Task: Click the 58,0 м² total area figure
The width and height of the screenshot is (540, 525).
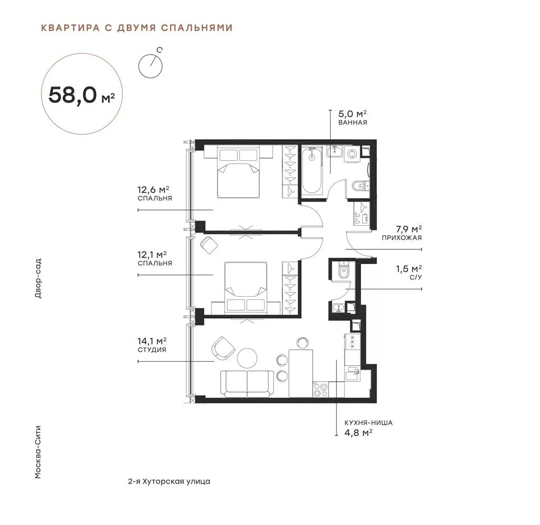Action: pyautogui.click(x=82, y=94)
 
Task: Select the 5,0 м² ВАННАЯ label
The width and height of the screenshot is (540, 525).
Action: pyautogui.click(x=352, y=118)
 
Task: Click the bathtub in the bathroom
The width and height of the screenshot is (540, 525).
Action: pyautogui.click(x=312, y=170)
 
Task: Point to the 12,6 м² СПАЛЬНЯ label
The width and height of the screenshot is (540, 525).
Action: pyautogui.click(x=155, y=193)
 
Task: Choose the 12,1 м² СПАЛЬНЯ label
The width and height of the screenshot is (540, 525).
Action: pyautogui.click(x=155, y=258)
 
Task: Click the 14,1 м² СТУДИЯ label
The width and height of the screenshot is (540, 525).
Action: pyautogui.click(x=152, y=345)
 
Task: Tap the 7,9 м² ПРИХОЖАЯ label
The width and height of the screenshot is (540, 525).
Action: pyautogui.click(x=401, y=233)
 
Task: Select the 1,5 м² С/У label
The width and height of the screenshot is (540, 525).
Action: pyautogui.click(x=409, y=272)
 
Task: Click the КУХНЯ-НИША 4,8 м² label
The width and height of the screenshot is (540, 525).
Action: pyautogui.click(x=368, y=428)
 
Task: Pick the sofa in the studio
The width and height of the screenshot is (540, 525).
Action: pyautogui.click(x=247, y=384)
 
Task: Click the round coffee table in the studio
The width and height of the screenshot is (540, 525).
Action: pyautogui.click(x=247, y=358)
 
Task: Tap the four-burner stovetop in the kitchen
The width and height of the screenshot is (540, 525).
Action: pyautogui.click(x=321, y=389)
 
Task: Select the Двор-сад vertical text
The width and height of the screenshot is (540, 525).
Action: pyautogui.click(x=38, y=278)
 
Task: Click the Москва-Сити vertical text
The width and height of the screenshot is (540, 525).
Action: pyautogui.click(x=38, y=453)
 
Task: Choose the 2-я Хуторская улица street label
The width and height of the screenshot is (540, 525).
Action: pyautogui.click(x=169, y=481)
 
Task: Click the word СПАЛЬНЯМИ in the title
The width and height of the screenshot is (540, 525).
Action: pyautogui.click(x=197, y=27)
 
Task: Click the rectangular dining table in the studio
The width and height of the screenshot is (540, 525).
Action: pyautogui.click(x=301, y=373)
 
